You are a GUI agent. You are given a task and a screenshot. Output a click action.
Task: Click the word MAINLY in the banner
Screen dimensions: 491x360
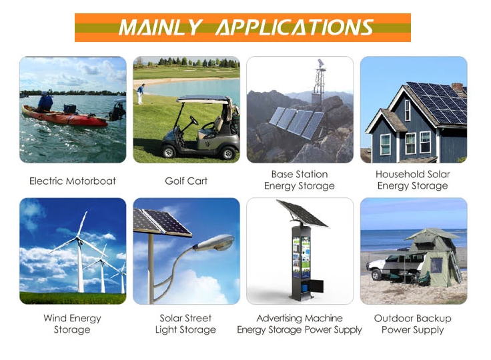coord(159,27)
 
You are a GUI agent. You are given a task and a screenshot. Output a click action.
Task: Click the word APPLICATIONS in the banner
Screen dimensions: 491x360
coord(295,27)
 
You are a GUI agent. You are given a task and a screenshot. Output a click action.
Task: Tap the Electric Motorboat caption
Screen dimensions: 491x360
coord(73,181)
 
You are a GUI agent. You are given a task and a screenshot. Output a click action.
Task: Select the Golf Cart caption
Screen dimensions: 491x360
coord(186,181)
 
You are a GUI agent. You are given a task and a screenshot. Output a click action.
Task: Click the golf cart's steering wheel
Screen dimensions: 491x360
coord(194,120)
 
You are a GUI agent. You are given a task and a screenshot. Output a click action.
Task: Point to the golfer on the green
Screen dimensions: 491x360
coord(141,93)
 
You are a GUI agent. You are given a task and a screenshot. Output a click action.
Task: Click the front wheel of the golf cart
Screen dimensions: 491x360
coord(169,152)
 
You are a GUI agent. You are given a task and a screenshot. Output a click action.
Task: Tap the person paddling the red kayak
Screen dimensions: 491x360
coord(45,101)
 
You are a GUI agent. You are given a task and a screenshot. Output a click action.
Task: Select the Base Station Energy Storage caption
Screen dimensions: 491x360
coord(300,180)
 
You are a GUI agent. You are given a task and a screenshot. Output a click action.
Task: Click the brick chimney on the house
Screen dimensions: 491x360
coord(457,87)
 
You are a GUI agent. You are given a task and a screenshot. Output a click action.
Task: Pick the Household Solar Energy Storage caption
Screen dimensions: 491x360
coord(413,180)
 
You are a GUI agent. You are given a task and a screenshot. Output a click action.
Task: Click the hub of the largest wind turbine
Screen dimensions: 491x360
coord(78,239)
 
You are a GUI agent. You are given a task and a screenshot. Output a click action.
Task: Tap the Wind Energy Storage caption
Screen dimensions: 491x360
coord(72,324)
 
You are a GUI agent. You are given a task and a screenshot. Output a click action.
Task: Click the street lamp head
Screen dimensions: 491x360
coord(215,243)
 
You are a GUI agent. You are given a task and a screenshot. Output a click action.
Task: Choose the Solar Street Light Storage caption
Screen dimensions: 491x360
coord(185,324)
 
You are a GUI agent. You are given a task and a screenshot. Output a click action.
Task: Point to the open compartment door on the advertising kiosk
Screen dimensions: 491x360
coord(317,287)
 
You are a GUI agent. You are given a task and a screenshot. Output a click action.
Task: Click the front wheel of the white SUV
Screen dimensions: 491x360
coord(376,275)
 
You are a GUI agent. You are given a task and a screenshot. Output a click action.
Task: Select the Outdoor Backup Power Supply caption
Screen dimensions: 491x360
coord(413,324)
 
